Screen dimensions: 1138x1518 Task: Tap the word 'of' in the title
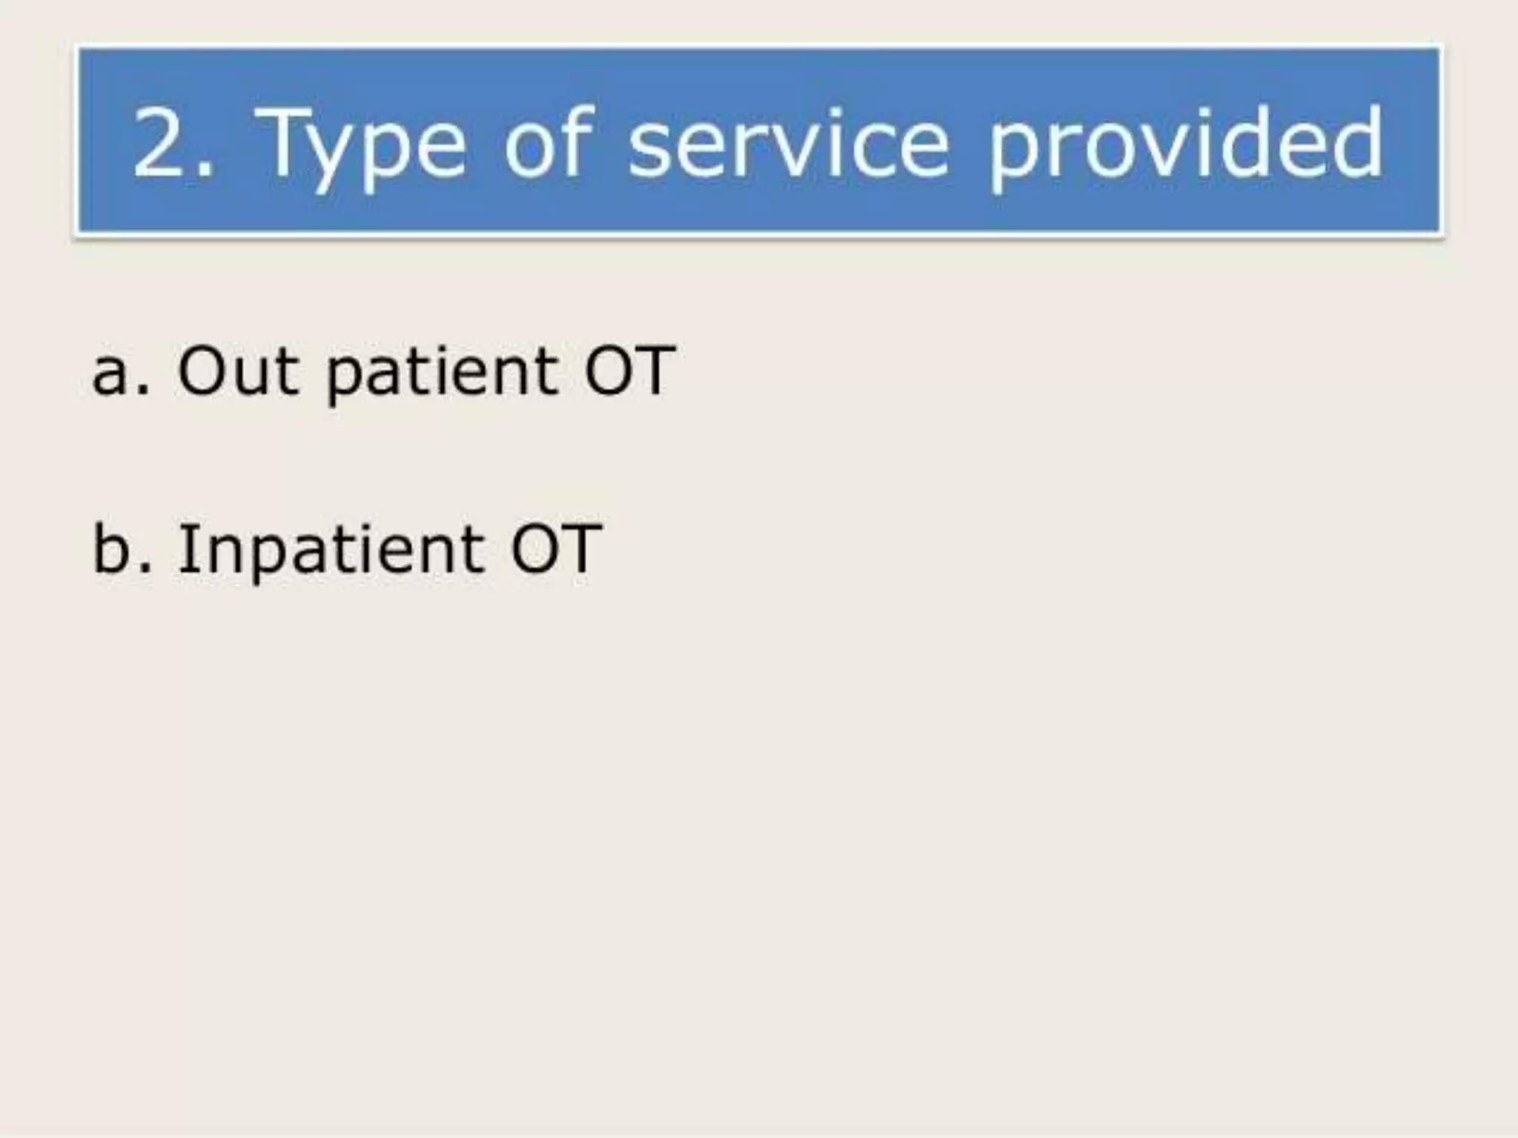(548, 142)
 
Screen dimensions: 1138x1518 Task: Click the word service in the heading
(788, 142)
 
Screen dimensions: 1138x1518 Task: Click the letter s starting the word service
(649, 152)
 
